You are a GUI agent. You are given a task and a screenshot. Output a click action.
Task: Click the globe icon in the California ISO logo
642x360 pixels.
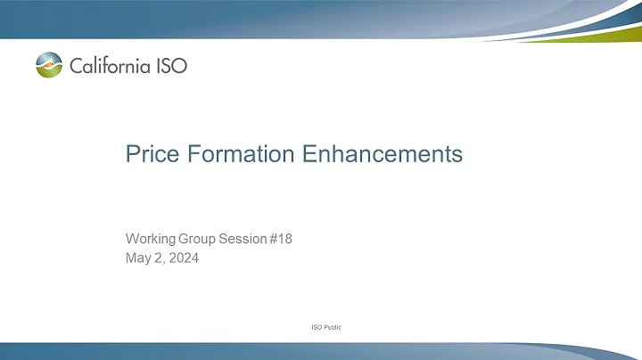50,65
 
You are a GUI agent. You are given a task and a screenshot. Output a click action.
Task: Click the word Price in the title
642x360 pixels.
147,154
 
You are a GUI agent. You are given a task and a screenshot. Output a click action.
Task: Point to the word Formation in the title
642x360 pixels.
235,154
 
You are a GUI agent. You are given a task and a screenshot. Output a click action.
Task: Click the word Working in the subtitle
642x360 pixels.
150,239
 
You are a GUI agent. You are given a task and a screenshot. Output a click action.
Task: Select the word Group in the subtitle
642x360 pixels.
201,239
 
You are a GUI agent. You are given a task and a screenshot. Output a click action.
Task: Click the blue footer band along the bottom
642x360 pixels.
321,350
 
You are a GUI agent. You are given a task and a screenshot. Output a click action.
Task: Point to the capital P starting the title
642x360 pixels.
129,154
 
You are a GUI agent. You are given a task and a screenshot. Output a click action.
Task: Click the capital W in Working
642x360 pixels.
130,239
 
